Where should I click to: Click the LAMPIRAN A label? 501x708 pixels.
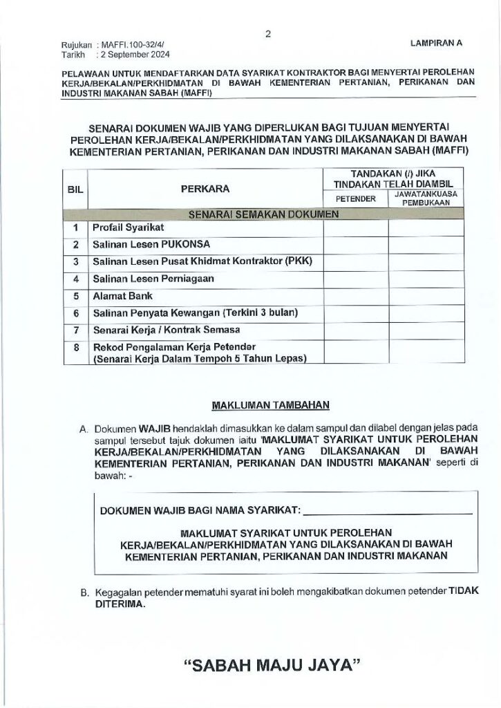(435, 43)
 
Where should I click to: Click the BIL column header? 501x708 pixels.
(74, 189)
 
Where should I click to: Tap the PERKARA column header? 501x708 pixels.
(205, 188)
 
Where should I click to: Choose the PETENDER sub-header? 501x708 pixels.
(355, 199)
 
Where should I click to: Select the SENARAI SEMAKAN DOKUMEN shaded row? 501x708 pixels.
(263, 214)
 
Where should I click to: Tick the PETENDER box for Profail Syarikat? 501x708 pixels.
(355, 227)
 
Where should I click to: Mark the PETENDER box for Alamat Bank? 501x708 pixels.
(355, 296)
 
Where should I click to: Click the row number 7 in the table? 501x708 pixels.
(75, 330)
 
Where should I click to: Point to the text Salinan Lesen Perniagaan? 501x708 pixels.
(153, 279)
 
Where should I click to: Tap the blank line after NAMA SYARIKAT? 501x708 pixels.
(388, 512)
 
